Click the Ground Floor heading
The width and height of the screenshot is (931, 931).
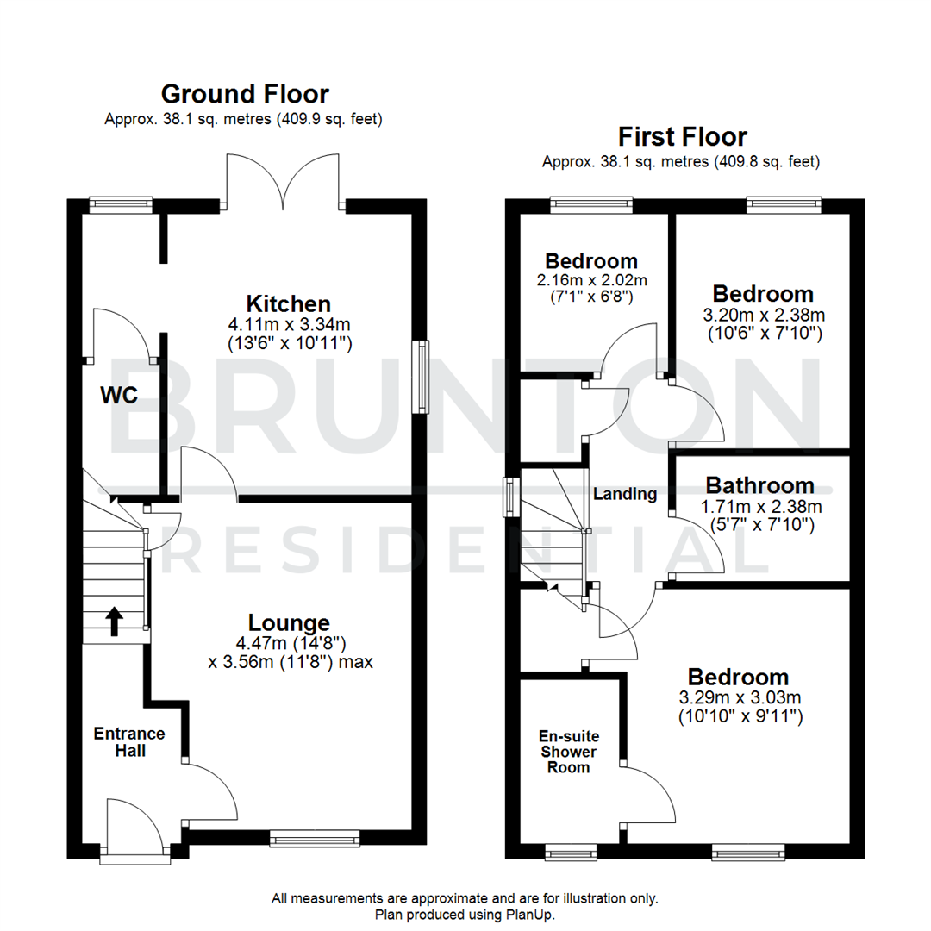[245, 93]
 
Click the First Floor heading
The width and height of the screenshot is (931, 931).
[682, 136]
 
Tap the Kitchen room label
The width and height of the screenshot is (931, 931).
[288, 303]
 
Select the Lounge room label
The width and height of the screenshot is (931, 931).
[289, 622]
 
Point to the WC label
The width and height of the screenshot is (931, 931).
[119, 395]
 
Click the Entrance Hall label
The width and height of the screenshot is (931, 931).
[128, 741]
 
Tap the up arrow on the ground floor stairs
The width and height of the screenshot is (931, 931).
[114, 620]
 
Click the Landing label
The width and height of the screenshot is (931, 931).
[624, 494]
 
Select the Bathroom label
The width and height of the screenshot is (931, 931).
[759, 485]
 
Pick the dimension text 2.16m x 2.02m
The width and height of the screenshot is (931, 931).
[590, 279]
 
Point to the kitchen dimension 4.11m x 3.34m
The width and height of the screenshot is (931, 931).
[289, 324]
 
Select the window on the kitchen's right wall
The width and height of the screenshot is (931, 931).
[422, 377]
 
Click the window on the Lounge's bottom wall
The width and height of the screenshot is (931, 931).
[314, 838]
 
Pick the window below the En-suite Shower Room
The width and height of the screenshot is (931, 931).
[569, 853]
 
